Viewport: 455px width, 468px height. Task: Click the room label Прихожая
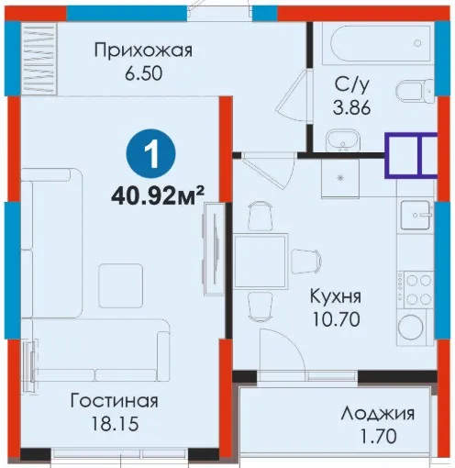pos(143,50)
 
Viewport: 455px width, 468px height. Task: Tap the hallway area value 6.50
pos(143,73)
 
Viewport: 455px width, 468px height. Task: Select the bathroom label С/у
pos(351,84)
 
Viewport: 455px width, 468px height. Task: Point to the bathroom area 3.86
pos(351,107)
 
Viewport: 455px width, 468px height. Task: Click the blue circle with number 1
pos(151,154)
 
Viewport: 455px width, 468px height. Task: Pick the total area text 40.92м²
pos(158,196)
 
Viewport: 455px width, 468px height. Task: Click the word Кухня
pos(336,296)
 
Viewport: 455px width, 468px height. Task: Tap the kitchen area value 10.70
pos(336,320)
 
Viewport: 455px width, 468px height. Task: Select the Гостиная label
pos(114,401)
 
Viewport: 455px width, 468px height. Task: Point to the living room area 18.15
pos(116,424)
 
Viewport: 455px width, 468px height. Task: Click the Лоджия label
pos(378,414)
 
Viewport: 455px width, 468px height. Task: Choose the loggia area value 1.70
pos(378,437)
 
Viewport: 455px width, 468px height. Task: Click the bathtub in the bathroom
pos(381,43)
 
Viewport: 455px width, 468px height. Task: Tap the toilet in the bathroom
pos(416,91)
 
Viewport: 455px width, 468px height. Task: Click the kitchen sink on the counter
pos(416,215)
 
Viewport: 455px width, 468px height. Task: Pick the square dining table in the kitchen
pos(261,261)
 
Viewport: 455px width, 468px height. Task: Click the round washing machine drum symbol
pos(413,328)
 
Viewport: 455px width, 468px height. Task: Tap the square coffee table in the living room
pos(121,285)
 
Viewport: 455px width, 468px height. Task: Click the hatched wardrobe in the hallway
pos(39,59)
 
